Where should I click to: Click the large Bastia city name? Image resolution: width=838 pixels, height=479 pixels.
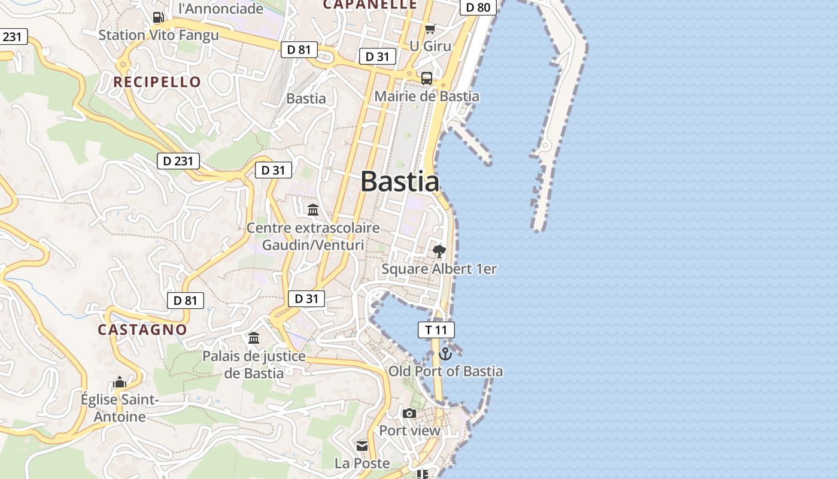click(400, 181)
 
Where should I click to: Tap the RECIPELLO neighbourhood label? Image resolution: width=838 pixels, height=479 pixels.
click(157, 82)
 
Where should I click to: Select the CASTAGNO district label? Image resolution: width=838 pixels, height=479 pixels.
click(142, 329)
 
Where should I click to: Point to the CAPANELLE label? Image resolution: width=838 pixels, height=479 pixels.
click(370, 5)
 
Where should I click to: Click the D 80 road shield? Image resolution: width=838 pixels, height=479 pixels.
click(478, 7)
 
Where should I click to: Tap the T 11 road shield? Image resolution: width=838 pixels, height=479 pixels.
click(436, 330)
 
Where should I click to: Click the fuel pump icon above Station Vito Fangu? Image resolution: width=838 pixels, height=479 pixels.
click(158, 17)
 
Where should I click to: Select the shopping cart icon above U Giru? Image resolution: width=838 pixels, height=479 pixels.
click(430, 29)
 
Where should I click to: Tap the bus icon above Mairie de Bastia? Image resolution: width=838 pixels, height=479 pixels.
click(427, 78)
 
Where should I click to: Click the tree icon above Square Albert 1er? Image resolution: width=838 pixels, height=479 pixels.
click(439, 251)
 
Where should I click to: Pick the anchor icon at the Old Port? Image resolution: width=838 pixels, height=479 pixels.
click(445, 354)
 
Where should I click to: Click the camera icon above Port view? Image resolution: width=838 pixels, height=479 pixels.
click(409, 413)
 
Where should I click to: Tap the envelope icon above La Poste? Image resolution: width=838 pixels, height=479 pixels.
click(362, 446)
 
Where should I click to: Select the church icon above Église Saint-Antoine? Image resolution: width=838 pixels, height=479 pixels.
click(120, 382)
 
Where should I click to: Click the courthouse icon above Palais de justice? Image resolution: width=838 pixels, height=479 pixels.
click(254, 338)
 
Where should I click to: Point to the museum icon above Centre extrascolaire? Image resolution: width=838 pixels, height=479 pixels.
click(313, 210)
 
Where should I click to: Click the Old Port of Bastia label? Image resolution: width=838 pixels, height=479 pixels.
click(446, 371)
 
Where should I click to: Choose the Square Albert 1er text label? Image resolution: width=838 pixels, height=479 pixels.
click(439, 269)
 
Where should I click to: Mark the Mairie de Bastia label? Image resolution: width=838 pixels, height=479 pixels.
click(427, 96)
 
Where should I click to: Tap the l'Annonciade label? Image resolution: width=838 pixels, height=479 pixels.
click(221, 8)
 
